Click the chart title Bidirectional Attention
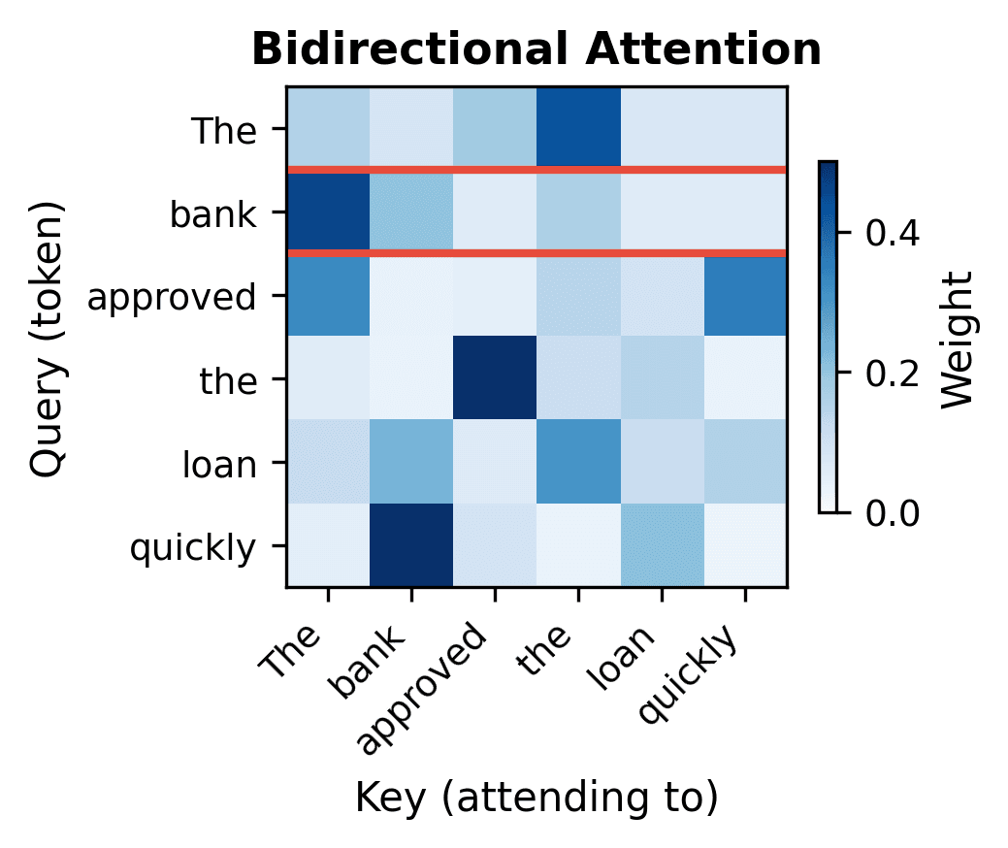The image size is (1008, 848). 537,50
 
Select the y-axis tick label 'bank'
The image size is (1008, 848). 212,212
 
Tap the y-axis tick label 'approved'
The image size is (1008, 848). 172,296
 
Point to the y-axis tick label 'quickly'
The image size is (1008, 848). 192,547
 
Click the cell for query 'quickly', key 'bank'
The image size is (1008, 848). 411,545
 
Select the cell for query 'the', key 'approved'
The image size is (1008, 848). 495,378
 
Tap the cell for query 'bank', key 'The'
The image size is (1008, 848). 328,212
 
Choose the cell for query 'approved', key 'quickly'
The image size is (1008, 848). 745,295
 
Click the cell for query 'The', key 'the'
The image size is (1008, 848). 578,128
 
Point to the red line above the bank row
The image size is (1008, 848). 537,170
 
